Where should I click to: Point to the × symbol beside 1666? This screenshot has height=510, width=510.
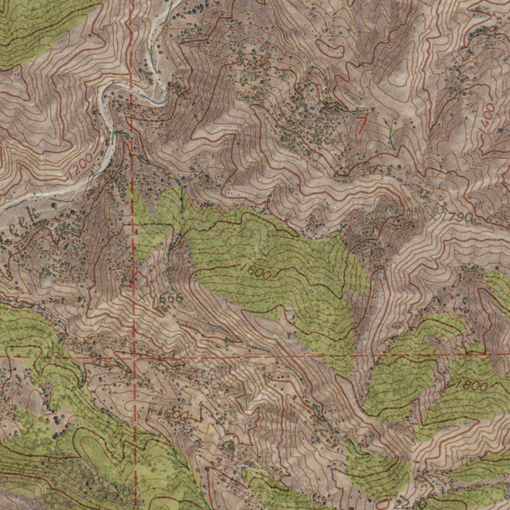143,297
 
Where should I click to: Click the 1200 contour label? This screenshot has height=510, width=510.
82,164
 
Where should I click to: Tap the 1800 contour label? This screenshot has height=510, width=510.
470,385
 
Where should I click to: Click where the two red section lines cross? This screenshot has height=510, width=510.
134,357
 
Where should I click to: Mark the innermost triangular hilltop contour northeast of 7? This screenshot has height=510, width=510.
406,77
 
